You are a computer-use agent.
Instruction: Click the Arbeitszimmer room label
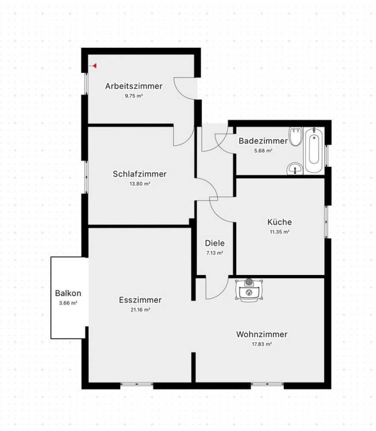click(134, 86)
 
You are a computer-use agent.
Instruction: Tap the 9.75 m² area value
click(134, 96)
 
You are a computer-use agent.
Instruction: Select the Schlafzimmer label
click(140, 174)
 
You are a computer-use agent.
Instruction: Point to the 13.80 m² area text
click(140, 184)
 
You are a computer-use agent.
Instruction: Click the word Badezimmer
click(263, 141)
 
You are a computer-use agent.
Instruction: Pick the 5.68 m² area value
click(263, 151)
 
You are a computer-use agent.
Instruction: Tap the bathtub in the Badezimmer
click(314, 150)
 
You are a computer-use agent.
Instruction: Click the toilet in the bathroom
click(296, 136)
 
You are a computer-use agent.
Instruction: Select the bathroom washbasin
click(295, 169)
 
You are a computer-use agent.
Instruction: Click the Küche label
click(280, 222)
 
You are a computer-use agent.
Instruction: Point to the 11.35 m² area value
click(280, 232)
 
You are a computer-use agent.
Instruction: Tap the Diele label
click(215, 243)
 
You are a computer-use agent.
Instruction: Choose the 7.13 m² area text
click(215, 253)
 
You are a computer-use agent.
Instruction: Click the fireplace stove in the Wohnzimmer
click(249, 291)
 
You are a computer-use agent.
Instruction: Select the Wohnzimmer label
click(261, 334)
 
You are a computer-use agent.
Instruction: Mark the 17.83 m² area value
click(261, 344)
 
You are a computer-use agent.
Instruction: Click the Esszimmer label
click(140, 300)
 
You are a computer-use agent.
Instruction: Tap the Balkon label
click(68, 293)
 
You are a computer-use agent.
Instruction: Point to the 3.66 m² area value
click(68, 303)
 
